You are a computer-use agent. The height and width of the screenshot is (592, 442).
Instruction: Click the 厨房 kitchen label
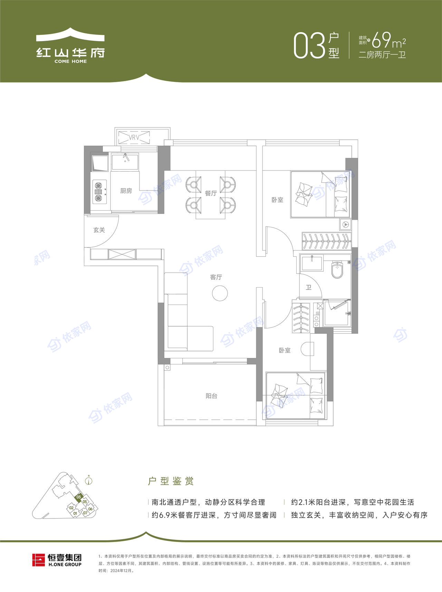click(126, 191)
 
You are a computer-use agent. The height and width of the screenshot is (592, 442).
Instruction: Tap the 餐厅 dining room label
click(211, 193)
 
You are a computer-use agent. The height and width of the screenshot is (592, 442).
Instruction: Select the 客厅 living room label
click(216, 277)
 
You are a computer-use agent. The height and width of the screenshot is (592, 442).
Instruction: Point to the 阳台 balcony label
click(211, 396)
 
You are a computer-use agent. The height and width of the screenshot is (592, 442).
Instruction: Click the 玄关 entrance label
click(99, 230)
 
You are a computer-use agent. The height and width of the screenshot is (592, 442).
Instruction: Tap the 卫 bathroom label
click(309, 287)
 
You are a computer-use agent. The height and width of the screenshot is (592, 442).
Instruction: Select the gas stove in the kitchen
click(99, 191)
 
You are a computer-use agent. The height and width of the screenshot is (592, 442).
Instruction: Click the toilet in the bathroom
click(337, 270)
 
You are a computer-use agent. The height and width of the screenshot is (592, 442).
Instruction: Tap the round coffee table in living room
click(220, 293)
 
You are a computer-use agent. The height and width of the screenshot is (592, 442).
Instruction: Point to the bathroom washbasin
click(312, 263)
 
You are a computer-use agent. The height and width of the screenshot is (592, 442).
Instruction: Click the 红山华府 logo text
click(70, 53)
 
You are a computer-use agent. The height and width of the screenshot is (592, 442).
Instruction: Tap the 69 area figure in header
click(382, 40)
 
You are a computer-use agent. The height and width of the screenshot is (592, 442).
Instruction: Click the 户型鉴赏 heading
click(171, 481)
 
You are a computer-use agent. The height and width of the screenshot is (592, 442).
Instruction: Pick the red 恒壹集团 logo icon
click(38, 560)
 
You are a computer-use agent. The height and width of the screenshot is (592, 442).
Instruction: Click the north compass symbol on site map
click(89, 480)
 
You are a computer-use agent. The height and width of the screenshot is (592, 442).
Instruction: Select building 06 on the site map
click(90, 509)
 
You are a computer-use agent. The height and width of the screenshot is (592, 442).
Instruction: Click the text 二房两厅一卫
click(382, 55)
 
